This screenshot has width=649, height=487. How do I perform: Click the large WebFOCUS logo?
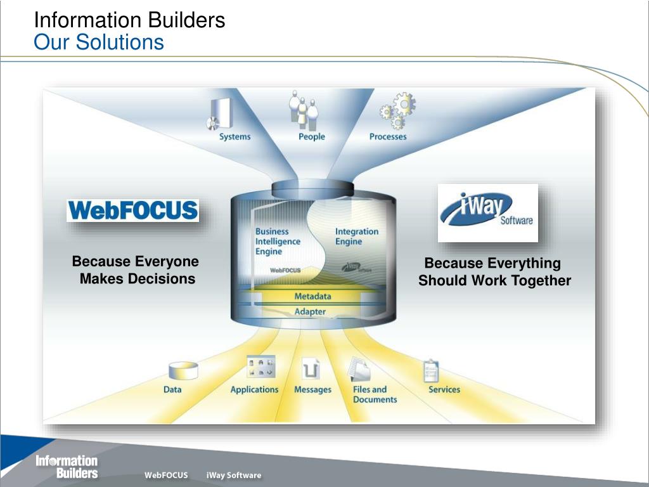click(133, 211)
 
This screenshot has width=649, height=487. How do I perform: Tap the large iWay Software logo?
click(488, 213)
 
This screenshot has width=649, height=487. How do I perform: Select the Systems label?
click(235, 137)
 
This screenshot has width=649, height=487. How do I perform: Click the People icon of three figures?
click(304, 109)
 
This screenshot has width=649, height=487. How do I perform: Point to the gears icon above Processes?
click(398, 110)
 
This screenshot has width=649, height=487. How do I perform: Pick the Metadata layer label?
click(312, 296)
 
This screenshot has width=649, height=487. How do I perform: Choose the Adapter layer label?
click(310, 311)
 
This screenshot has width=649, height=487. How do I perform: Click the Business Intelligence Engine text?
click(278, 242)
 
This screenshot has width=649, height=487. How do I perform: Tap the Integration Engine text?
click(357, 237)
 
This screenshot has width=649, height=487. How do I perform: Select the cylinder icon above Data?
click(183, 370)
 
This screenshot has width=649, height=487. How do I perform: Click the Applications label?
click(255, 390)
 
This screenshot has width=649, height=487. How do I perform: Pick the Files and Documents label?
click(375, 394)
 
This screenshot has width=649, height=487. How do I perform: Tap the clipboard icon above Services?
click(431, 370)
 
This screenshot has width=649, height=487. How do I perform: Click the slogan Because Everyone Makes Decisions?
click(136, 270)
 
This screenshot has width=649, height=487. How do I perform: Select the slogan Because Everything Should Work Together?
click(494, 271)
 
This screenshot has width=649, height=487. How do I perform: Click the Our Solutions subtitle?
click(99, 42)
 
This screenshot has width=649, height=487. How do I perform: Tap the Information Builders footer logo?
click(67, 467)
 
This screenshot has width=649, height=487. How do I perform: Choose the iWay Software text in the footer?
click(234, 475)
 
